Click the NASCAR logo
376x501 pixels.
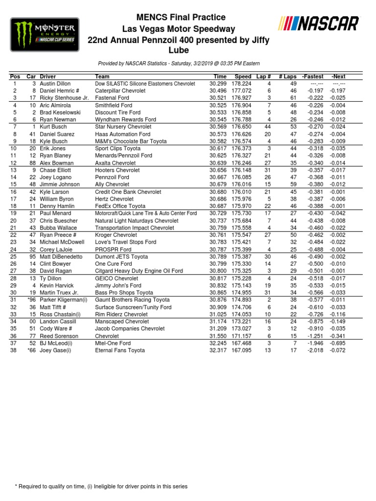click(318, 23)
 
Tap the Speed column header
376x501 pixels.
click(242, 77)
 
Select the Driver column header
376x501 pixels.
click(48, 77)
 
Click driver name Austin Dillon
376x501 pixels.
click(55, 84)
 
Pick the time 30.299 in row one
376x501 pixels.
click(218, 84)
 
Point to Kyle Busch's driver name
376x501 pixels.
click(54, 141)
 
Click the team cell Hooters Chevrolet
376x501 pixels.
click(117, 170)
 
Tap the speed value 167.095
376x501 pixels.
click(242, 350)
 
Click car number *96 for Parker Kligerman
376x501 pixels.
click(31, 300)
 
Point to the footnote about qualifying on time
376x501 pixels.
click(101, 486)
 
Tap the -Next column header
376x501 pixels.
click(338, 77)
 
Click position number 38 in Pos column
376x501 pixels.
click(15, 350)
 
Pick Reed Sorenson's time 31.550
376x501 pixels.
click(218, 336)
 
